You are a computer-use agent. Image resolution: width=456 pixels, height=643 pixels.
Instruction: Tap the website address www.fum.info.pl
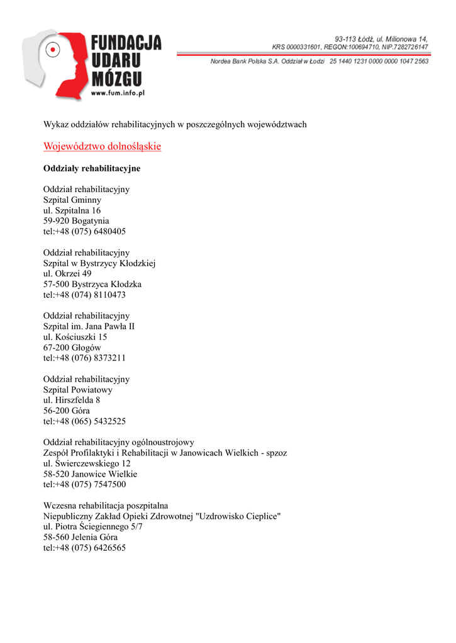(118, 92)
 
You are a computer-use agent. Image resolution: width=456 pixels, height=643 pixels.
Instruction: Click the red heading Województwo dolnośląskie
(102, 146)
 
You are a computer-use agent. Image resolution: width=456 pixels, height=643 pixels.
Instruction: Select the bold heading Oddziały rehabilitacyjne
(92, 168)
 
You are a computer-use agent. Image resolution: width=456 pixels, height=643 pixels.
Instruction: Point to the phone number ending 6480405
(84, 231)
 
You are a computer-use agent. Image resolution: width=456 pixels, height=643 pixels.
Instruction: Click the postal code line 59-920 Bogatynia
(76, 221)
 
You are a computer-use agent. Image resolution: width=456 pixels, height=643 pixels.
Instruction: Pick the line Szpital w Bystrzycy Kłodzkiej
(99, 263)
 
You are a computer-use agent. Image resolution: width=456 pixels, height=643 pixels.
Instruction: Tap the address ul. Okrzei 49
(67, 274)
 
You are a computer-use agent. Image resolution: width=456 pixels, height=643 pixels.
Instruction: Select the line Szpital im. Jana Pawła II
(89, 327)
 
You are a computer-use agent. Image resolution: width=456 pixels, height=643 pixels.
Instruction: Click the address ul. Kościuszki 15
(75, 337)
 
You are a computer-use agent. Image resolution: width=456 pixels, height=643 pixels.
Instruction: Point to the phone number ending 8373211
(84, 358)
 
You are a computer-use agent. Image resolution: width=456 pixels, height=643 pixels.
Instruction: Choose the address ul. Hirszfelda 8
(72, 400)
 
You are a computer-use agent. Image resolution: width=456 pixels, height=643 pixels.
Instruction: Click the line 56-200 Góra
(66, 411)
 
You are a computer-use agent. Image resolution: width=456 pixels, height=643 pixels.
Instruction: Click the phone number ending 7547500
(84, 484)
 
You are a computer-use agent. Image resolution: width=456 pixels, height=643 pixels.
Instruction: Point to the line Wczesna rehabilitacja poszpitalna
(106, 505)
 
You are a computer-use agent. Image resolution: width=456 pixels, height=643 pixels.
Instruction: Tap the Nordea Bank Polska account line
(320, 61)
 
